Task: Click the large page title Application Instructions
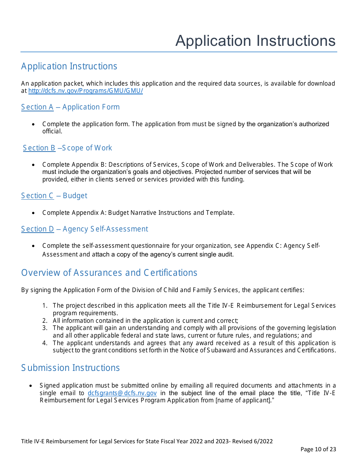pos(255,41)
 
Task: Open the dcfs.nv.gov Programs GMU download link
pos(85,91)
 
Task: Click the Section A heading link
pos(37,107)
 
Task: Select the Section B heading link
pos(39,148)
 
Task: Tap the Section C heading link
pos(37,196)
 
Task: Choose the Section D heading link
pos(38,229)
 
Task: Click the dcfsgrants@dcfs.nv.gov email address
pos(122,393)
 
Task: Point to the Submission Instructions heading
pos(70,368)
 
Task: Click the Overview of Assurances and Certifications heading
pos(109,273)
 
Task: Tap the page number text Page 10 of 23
pos(318,449)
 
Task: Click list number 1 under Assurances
pos(45,305)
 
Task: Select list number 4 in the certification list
pos(45,343)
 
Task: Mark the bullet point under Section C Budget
pos(34,213)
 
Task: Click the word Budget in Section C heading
pos(75,196)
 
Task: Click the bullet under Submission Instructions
pos(31,386)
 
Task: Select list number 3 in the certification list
pos(45,328)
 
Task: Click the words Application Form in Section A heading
pos(91,107)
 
